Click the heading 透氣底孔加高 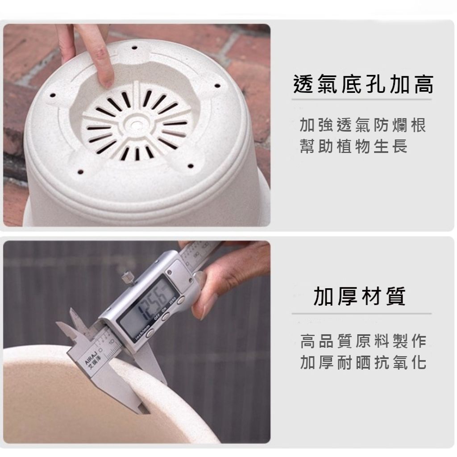pos(363,84)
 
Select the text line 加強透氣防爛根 pos(363,125)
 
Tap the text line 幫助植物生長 pos(353,146)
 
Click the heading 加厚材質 pos(360,296)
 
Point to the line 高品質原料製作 pos(363,342)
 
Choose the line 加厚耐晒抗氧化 pos(363,362)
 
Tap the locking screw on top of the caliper pos(127,277)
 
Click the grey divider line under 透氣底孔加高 pos(361,100)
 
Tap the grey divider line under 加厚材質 pos(361,314)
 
